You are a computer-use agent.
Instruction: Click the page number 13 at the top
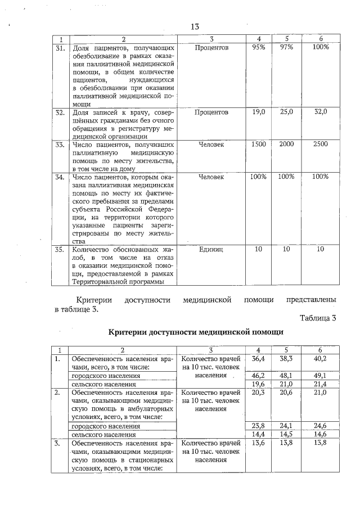point(195,27)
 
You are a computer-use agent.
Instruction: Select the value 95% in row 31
point(259,48)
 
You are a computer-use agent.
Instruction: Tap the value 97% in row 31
point(286,48)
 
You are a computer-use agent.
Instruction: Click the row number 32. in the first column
point(60,113)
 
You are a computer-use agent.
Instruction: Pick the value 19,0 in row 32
point(259,112)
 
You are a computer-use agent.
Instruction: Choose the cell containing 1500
point(259,145)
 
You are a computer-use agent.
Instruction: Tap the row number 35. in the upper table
point(60,249)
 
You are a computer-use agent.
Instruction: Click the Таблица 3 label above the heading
point(318,318)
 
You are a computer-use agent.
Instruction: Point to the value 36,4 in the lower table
point(259,358)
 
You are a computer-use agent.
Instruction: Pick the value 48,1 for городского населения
point(286,375)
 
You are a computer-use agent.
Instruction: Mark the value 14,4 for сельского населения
point(259,434)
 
